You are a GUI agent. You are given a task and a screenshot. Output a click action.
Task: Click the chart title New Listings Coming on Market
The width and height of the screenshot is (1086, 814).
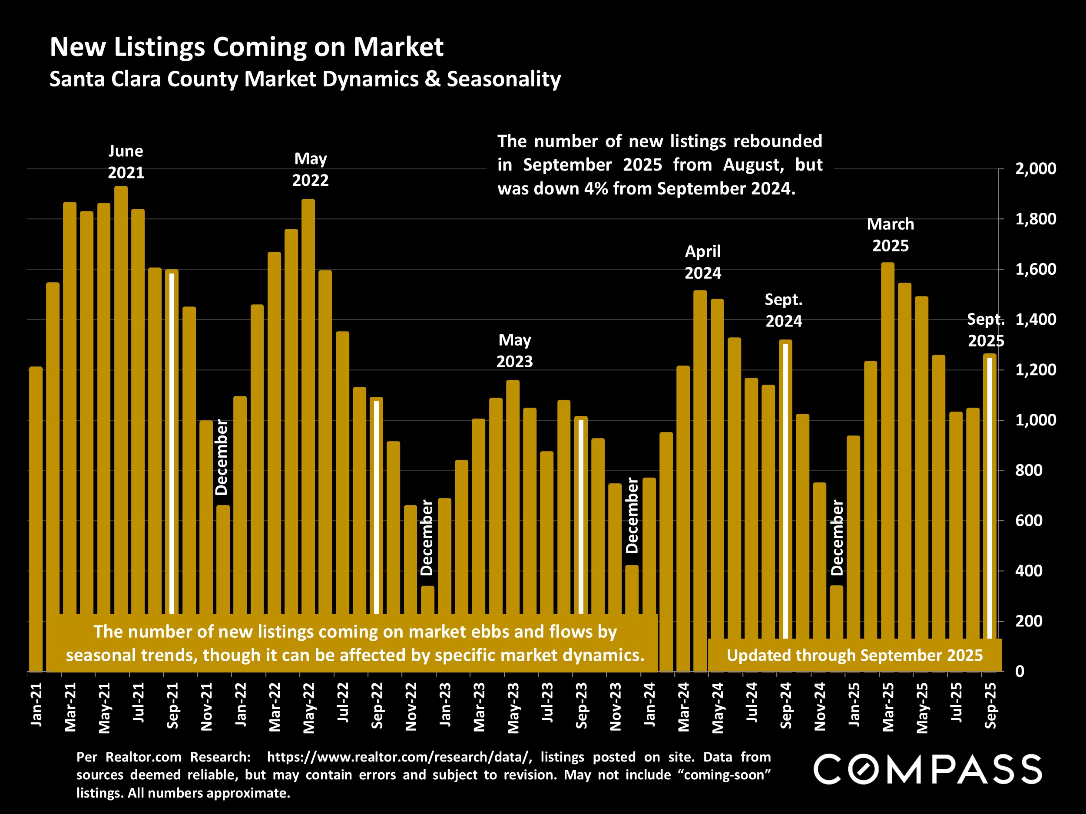pos(246,47)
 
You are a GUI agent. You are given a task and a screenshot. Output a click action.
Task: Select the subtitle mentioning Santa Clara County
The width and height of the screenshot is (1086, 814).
pos(305,79)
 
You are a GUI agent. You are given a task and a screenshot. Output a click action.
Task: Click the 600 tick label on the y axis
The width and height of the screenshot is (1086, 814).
pos(1029,521)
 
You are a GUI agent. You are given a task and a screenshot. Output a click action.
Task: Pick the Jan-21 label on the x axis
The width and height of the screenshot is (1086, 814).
pos(36,705)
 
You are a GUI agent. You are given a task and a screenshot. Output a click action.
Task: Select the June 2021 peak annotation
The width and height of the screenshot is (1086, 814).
pos(126,162)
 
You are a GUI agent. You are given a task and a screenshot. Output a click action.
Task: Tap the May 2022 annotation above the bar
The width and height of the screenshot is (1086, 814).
pos(310,169)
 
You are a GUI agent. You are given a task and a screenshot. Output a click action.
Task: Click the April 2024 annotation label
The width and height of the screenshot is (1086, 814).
pos(702,262)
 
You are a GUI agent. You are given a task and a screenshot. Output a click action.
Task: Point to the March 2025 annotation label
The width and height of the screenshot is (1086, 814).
pos(890,234)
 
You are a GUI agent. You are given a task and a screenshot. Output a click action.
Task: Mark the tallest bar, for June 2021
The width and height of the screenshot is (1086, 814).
pos(121,392)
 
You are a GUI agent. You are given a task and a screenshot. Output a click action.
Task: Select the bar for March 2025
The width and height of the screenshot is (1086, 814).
pos(887,442)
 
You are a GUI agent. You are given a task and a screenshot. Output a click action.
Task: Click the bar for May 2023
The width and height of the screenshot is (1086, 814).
pos(513,491)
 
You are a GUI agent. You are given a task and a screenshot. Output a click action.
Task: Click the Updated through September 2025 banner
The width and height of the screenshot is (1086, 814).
pos(854,656)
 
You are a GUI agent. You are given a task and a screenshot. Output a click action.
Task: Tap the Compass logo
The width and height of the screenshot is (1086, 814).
pos(927,769)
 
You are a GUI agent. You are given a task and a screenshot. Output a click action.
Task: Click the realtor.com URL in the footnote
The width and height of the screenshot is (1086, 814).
pos(399,757)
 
